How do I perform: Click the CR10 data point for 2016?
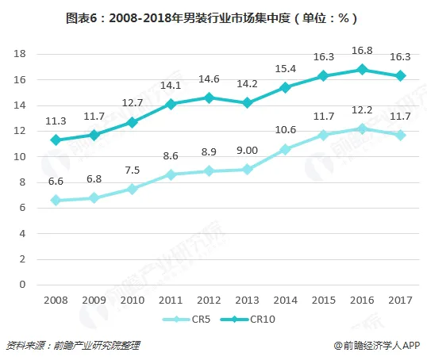coord(362,70)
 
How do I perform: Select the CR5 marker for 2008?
coord(56,201)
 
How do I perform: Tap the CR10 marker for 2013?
coord(247,103)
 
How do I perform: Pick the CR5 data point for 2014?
coord(286,149)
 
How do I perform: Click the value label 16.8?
coord(362,51)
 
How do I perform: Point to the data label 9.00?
coord(247,151)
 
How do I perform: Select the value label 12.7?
coord(133,103)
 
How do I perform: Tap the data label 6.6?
coord(56,182)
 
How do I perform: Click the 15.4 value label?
coord(286,69)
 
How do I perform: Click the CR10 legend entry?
coord(248,320)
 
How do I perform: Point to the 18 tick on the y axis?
coord(20,54)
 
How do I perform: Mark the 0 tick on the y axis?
coord(22,285)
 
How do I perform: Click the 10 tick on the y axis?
coord(20,157)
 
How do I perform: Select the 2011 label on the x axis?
coord(171,301)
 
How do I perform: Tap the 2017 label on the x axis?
coord(400,301)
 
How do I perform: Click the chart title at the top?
coord(211,18)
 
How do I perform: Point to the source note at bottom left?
coord(73,346)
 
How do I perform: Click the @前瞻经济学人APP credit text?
coord(378,346)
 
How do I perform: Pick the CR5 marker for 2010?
coord(133,189)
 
